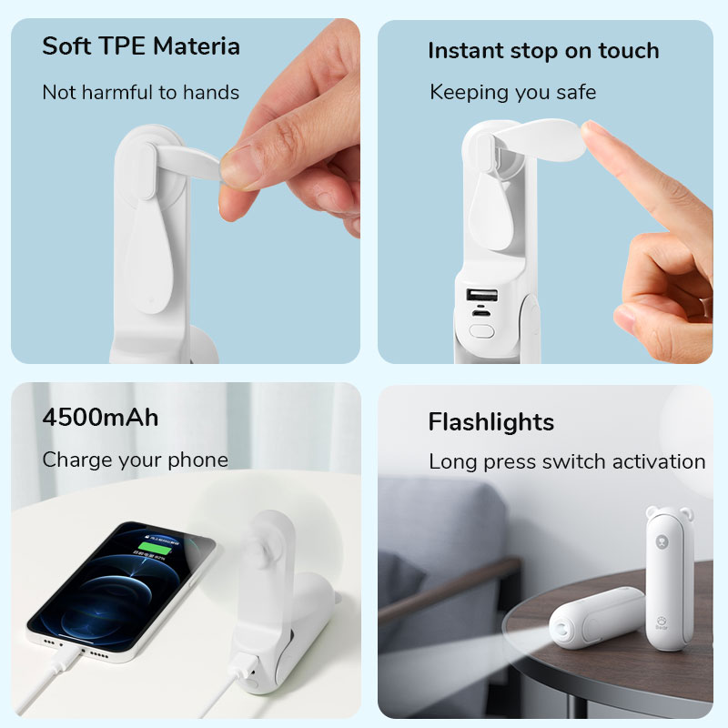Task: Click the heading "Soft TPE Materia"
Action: tap(141, 46)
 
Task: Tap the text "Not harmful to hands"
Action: tap(140, 93)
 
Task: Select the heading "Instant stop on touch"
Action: tap(543, 51)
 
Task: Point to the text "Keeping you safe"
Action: tap(512, 92)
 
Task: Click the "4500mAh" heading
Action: tap(100, 418)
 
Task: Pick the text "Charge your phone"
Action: tap(135, 460)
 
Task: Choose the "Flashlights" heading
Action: tap(490, 422)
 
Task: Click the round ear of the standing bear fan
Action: tap(651, 514)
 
